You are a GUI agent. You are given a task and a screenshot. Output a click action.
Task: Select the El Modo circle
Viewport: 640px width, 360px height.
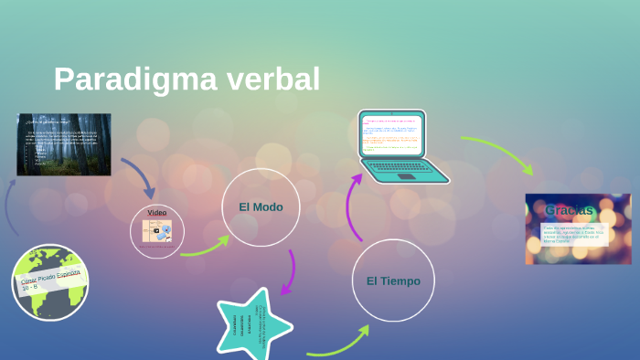(261, 207)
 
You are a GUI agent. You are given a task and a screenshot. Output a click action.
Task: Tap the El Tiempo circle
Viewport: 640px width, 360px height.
(393, 281)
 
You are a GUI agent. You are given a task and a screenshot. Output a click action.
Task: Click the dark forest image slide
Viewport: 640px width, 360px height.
(64, 144)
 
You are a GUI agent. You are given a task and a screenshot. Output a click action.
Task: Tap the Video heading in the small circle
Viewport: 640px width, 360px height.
(157, 212)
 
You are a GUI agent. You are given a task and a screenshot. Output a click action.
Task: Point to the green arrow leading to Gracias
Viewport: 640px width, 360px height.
(498, 151)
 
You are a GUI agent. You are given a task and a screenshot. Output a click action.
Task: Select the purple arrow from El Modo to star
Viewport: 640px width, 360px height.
(290, 272)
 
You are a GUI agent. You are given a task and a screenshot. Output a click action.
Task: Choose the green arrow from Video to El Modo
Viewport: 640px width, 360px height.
(206, 247)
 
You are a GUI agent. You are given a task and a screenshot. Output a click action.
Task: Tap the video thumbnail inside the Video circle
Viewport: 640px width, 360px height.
(156, 231)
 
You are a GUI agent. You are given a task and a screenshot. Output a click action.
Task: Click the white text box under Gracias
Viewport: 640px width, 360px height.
(576, 235)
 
